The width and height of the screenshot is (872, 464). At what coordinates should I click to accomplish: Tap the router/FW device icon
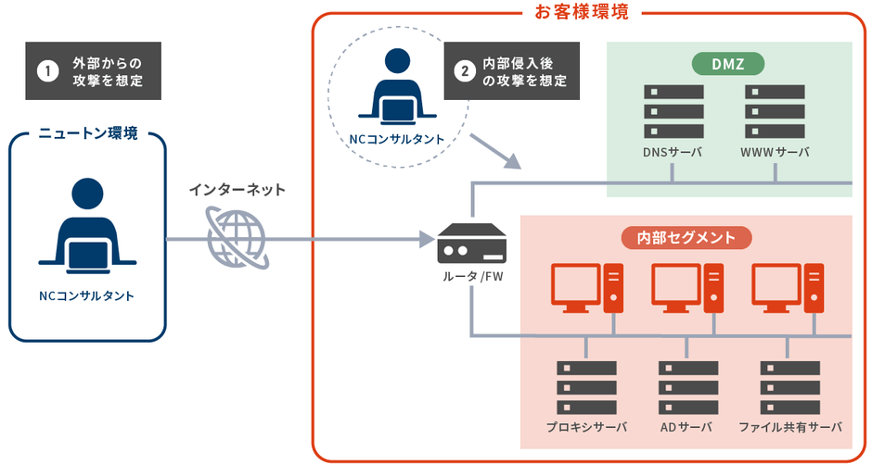point(473,244)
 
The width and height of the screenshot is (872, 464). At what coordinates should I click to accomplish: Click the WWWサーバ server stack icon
point(774,112)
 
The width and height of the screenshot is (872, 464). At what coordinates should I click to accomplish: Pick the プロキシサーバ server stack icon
point(586,388)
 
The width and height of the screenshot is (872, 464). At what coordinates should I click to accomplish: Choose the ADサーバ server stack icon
point(687,388)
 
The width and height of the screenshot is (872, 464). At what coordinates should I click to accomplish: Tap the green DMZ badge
point(729,63)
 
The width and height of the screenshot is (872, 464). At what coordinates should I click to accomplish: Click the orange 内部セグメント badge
point(686,238)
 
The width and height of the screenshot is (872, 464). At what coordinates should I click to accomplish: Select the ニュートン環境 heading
point(88,134)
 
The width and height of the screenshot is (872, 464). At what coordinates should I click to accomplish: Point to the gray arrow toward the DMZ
point(494,152)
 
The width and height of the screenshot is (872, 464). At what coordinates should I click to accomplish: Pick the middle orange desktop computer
point(687,288)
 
